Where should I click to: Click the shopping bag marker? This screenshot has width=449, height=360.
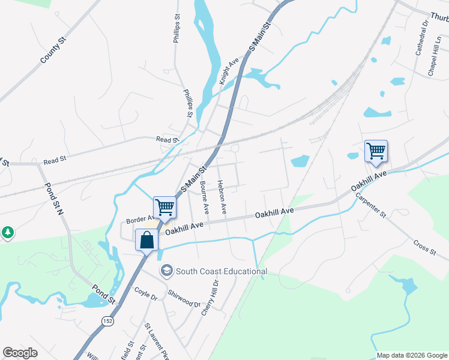(147, 241)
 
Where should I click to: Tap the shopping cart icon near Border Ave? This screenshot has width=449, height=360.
(164, 208)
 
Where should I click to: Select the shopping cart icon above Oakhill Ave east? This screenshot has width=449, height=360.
(376, 151)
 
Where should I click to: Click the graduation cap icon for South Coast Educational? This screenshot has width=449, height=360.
(166, 271)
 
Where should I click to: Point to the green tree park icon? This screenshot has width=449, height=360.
(7, 232)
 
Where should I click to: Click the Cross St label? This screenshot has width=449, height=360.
(424, 247)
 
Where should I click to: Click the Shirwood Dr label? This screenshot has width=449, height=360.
(184, 298)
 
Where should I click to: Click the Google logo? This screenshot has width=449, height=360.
(20, 353)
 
